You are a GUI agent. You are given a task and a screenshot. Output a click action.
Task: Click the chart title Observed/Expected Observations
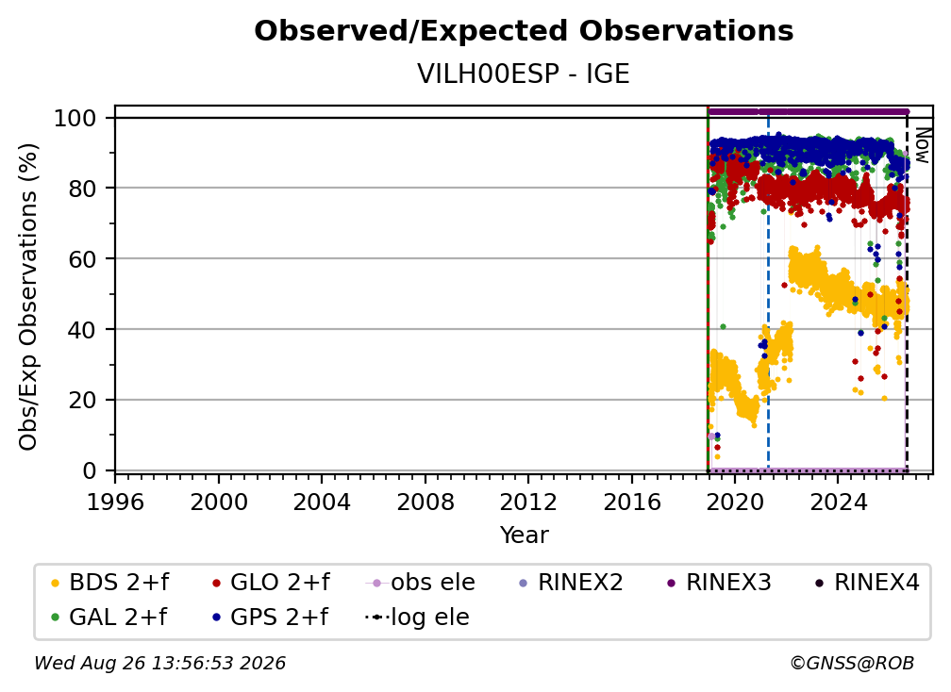point(524,31)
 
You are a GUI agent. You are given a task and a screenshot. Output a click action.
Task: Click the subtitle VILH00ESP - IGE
point(524,74)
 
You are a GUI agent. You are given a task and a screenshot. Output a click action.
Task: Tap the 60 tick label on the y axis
point(82,258)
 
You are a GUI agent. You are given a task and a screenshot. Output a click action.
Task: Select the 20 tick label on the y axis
point(82,400)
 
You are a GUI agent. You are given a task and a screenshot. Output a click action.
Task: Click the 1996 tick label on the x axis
point(115,503)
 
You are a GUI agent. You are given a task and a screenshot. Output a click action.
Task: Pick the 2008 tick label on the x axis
point(425,503)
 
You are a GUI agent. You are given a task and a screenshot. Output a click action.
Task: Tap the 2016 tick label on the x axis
point(632,503)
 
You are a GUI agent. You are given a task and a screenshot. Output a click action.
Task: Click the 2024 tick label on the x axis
point(838,503)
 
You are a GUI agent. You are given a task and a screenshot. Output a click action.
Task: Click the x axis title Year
point(524,535)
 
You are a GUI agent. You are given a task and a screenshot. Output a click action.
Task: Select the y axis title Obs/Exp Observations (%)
point(28,297)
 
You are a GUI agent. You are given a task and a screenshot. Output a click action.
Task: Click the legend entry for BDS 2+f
point(109,583)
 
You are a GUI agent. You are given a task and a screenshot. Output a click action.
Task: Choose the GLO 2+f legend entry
point(271,583)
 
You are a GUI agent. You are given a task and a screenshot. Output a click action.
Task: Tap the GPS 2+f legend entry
point(269,617)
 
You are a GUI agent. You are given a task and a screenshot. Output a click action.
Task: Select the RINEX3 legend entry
point(719,583)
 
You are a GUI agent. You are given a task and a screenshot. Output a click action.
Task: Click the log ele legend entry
point(417,617)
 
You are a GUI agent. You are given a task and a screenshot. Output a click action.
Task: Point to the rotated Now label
point(922,145)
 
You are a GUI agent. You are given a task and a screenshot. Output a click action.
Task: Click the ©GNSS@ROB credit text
point(852,663)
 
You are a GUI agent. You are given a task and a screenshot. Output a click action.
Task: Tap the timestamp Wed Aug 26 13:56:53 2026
point(160,663)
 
